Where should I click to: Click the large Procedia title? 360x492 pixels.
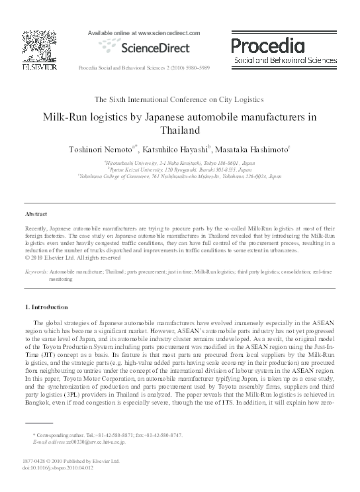[267, 46]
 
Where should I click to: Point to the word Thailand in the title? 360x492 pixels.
[180, 130]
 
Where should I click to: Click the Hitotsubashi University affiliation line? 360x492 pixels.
[179, 162]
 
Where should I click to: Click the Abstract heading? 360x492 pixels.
[36, 215]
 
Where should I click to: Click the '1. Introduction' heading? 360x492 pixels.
[46, 307]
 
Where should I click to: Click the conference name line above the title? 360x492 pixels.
[179, 99]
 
